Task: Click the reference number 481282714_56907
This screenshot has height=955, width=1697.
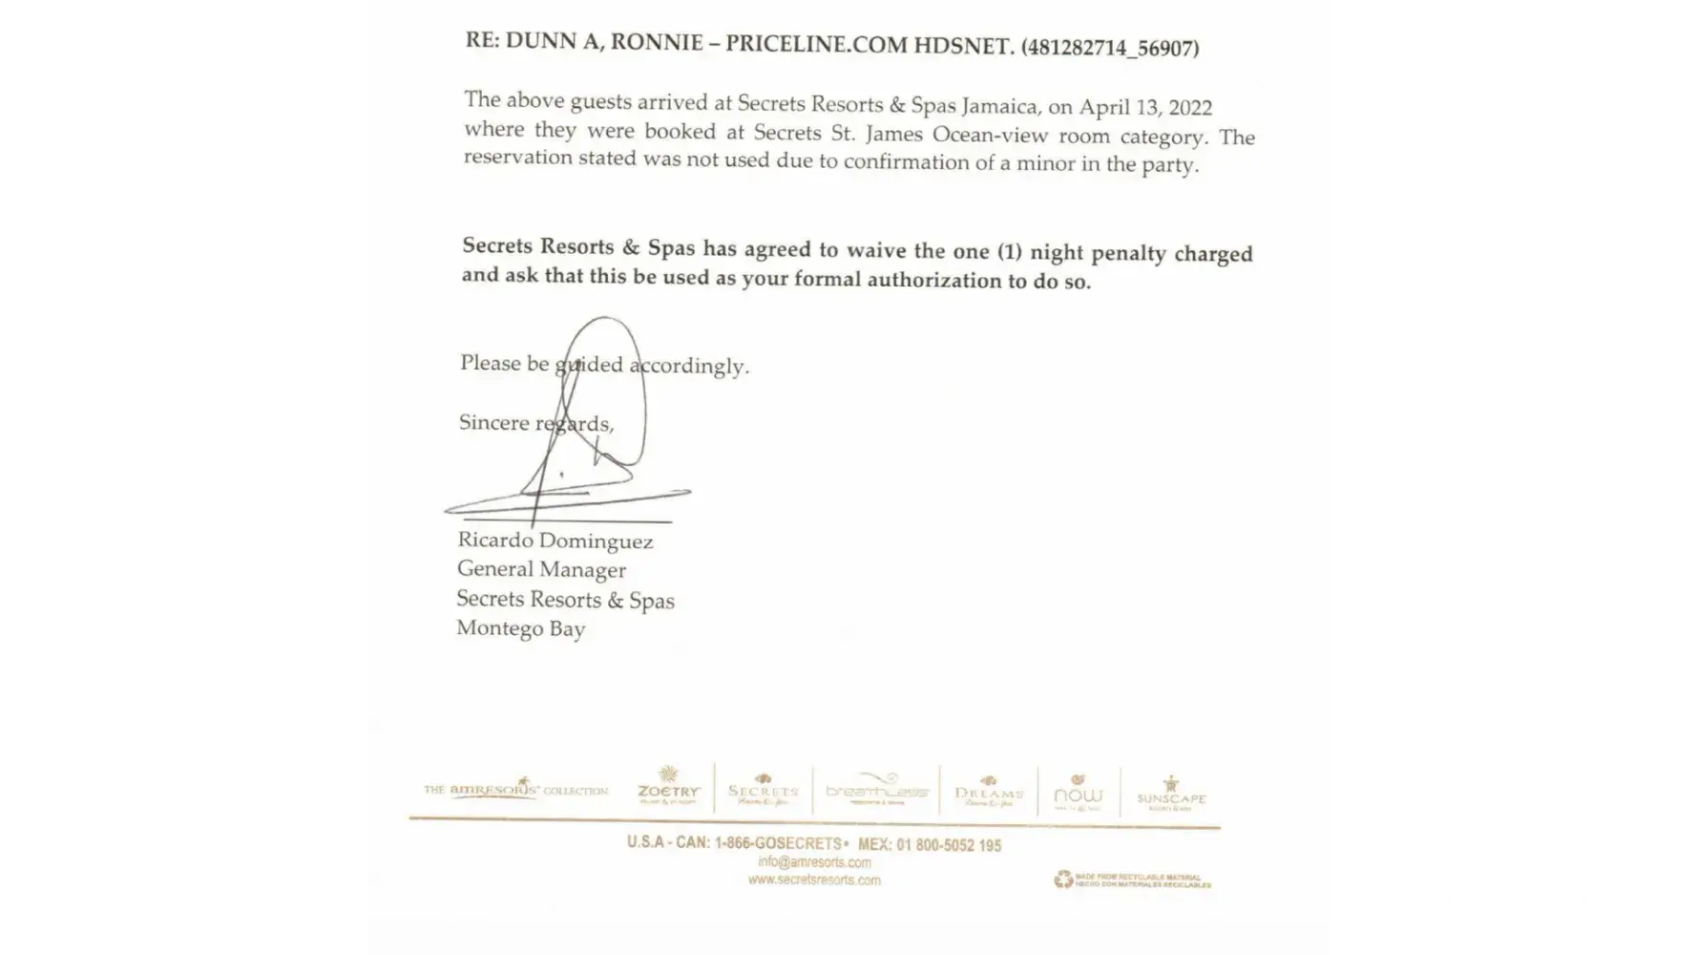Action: (1110, 47)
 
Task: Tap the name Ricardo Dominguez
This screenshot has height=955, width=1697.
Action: (555, 541)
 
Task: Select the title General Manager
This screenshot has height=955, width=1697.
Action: (541, 569)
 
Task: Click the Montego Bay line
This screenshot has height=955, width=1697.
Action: (521, 628)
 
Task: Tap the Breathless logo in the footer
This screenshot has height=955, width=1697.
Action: (876, 789)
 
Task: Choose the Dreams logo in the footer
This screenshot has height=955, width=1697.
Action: (989, 791)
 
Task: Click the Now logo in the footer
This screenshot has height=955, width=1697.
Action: (1078, 792)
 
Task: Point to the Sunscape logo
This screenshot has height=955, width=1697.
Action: (1171, 794)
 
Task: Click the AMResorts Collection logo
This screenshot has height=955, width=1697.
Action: (515, 789)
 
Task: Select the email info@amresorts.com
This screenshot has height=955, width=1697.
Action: (814, 862)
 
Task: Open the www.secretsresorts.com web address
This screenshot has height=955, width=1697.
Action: (814, 880)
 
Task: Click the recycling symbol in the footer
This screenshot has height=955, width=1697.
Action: (1063, 879)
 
